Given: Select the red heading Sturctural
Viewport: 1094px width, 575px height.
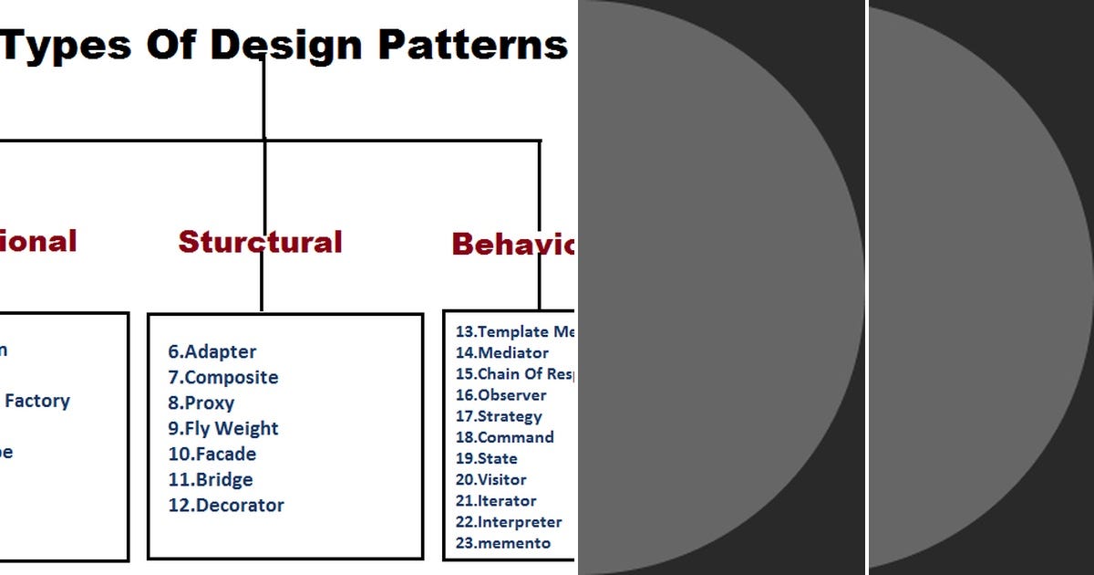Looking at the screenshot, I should (260, 242).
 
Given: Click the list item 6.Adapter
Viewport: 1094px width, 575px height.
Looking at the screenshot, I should (212, 351).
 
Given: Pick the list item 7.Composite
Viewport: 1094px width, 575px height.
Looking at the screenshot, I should (222, 377).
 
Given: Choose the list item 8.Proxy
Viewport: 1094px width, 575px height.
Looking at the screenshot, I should (201, 402).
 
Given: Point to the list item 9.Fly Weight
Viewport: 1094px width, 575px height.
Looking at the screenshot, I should (222, 428).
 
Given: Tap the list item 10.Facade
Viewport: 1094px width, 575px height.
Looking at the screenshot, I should (212, 454).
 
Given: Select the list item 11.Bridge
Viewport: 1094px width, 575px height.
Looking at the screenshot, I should (210, 479).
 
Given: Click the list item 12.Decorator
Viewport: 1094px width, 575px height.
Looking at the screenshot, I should (225, 505).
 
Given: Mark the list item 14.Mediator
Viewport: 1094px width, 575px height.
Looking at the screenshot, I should (501, 352).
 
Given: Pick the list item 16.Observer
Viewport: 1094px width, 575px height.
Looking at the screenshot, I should (501, 395).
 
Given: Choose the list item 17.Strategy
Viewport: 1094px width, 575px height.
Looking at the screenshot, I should (499, 416).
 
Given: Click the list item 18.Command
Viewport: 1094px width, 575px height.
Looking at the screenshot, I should (504, 437).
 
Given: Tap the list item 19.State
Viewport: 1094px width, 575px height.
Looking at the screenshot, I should (486, 458).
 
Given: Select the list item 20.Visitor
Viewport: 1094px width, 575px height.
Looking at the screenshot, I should (490, 479).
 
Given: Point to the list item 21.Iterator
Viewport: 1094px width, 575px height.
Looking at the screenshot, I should (495, 500).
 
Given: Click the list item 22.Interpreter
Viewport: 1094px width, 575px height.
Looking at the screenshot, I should (509, 522).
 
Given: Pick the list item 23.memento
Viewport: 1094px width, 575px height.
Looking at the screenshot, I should (502, 543).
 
